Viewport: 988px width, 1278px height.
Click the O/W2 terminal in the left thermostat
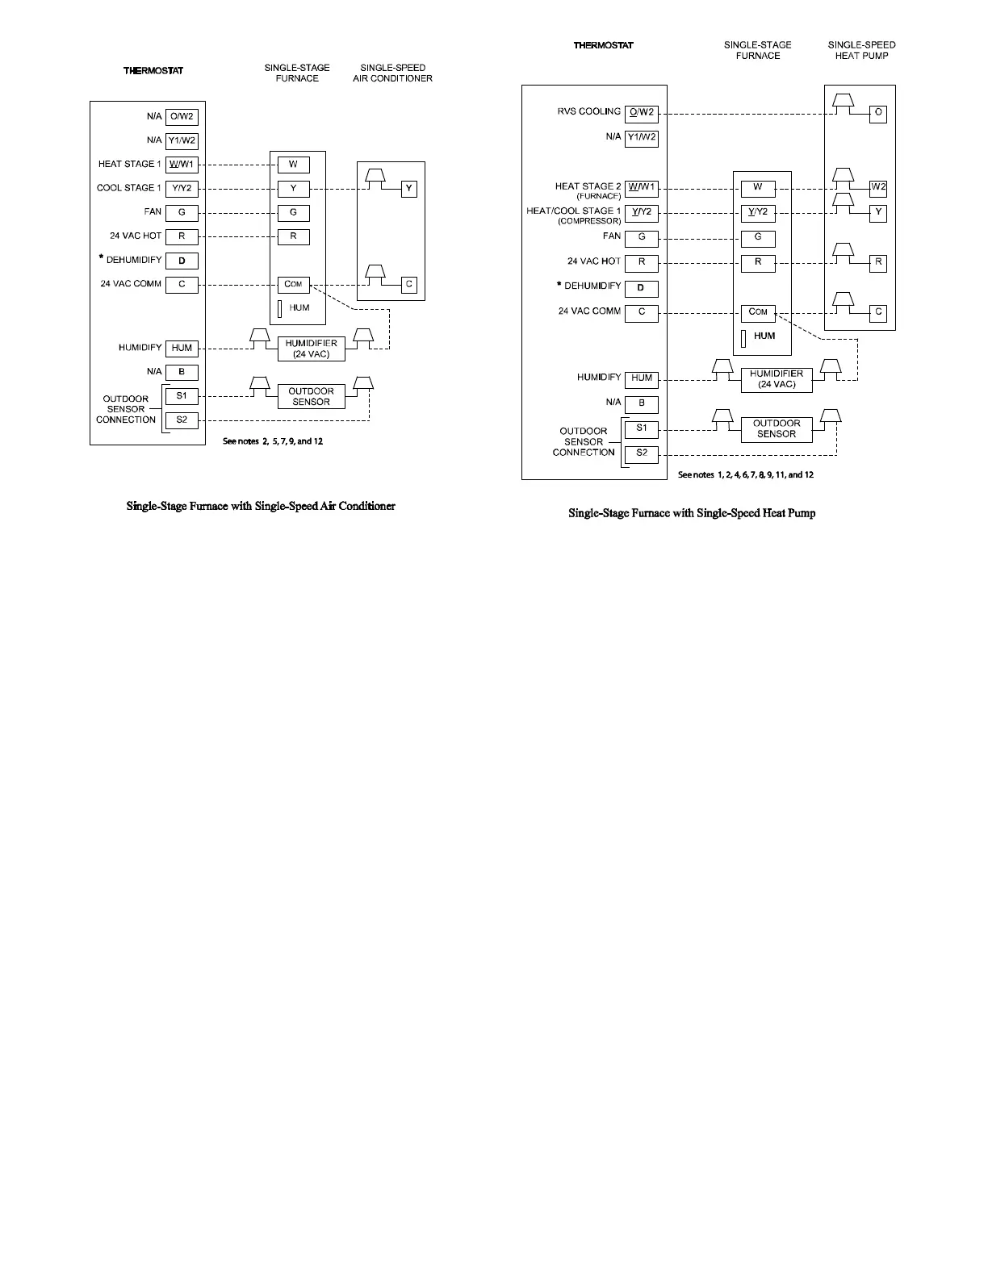[182, 116]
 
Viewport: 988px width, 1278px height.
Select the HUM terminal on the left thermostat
[182, 348]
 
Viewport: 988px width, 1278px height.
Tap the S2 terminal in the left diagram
[182, 420]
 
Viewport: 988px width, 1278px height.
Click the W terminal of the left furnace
[293, 165]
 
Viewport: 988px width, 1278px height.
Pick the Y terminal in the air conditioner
[409, 189]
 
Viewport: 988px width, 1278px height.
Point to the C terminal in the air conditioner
[409, 284]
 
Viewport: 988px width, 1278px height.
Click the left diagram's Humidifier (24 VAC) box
[311, 349]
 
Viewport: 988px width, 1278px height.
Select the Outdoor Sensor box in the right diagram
[777, 429]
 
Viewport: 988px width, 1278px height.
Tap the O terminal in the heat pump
[878, 113]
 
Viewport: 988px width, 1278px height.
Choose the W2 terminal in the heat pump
[878, 187]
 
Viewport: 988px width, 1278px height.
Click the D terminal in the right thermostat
[642, 288]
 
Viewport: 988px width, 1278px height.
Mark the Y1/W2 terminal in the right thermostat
[642, 137]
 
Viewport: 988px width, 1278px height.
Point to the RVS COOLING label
[588, 111]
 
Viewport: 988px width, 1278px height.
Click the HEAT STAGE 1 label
[129, 164]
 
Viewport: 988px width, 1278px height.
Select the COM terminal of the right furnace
[758, 312]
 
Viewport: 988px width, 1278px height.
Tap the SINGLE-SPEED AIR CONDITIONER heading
[392, 73]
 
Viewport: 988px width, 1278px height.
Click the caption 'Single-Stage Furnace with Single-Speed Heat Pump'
[692, 513]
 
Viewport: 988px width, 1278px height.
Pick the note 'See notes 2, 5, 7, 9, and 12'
[273, 441]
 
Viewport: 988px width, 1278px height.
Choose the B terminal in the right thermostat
[642, 403]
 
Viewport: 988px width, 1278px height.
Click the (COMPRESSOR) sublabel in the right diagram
[589, 221]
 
